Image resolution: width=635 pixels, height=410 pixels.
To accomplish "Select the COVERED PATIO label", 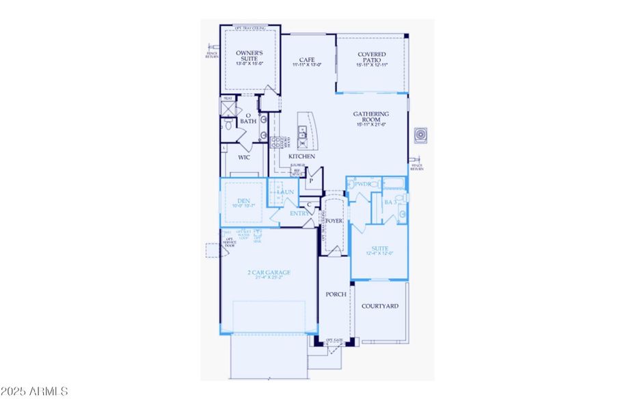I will click(371, 58).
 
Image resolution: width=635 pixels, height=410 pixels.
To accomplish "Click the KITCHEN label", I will click(301, 157).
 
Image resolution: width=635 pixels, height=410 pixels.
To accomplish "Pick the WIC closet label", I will click(244, 157).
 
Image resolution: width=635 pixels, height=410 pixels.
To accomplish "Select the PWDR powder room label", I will click(362, 184).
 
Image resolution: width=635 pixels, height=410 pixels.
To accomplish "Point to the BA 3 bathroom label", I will click(391, 203).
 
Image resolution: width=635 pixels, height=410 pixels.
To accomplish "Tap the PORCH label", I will click(336, 295).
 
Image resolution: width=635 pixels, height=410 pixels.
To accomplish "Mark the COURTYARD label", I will click(379, 306).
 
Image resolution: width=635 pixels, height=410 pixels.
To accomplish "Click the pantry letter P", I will click(310, 182).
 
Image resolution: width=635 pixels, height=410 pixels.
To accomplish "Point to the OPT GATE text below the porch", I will click(334, 340).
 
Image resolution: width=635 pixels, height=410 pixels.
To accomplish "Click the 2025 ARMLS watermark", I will click(34, 392).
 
